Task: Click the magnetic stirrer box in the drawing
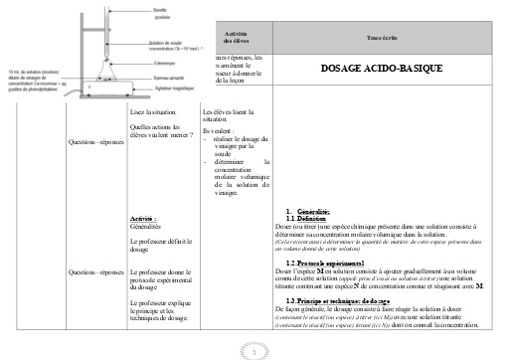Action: [x=97, y=98]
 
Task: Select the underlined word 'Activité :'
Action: [x=145, y=219]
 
